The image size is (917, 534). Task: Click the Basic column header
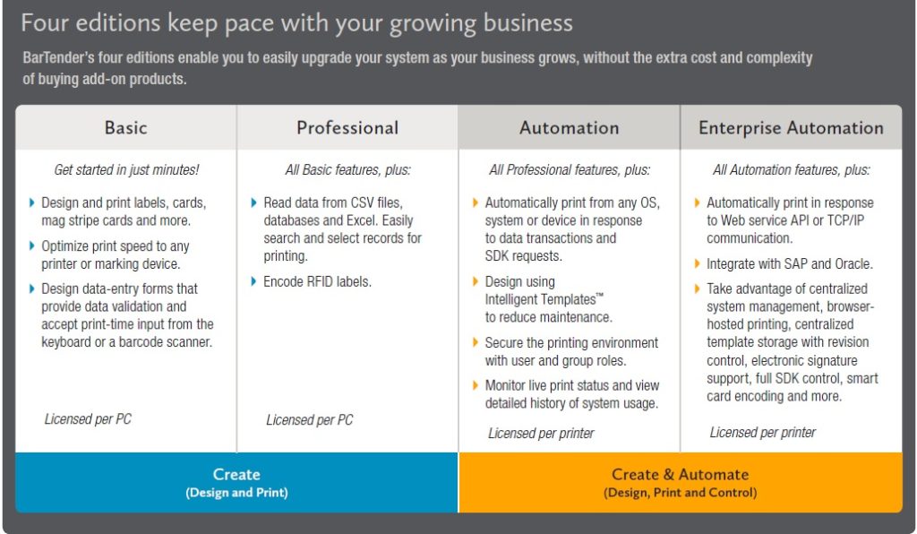click(125, 127)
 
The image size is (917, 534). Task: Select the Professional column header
click(347, 127)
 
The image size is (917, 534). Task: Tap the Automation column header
click(569, 127)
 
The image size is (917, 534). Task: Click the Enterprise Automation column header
click(791, 127)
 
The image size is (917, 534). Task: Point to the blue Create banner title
click(236, 474)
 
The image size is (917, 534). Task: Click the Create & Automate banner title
click(681, 474)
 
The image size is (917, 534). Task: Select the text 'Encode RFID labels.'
click(317, 282)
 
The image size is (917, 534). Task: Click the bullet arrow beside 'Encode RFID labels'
click(253, 282)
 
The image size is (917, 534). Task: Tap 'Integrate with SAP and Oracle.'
click(790, 263)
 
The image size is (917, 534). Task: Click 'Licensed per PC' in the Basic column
click(88, 419)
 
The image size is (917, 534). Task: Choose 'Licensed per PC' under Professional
click(309, 420)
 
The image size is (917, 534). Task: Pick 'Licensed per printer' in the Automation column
click(541, 434)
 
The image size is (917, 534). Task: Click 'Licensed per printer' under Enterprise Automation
click(763, 433)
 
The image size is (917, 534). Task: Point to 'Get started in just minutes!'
click(126, 169)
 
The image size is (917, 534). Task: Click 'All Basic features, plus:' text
click(348, 170)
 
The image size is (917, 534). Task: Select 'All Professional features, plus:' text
click(570, 170)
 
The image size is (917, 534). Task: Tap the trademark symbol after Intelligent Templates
click(599, 295)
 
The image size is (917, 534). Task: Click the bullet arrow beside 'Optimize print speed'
click(31, 245)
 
